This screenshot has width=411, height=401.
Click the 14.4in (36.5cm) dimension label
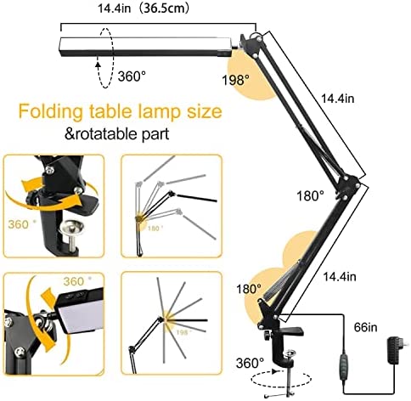tap(144, 8)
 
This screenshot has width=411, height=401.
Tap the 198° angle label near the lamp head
tap(236, 80)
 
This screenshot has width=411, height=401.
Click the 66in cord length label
tap(366, 327)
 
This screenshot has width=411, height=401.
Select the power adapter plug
tap(394, 351)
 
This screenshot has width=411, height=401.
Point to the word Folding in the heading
tap(51, 111)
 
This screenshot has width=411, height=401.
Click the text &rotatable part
tap(117, 134)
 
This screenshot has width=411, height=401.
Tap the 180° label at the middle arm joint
tap(310, 195)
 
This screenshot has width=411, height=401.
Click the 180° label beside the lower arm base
tap(249, 289)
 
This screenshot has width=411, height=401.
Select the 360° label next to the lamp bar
tap(132, 76)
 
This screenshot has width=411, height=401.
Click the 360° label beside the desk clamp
tap(250, 364)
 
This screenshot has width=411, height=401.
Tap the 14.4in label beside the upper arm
tap(338, 99)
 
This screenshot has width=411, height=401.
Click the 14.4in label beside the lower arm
tap(340, 277)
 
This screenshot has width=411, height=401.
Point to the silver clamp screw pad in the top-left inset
tap(72, 227)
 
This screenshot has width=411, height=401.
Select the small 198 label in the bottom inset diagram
tap(183, 332)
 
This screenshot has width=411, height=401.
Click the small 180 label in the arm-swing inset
tap(155, 229)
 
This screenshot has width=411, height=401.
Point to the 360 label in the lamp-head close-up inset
tap(77, 281)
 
